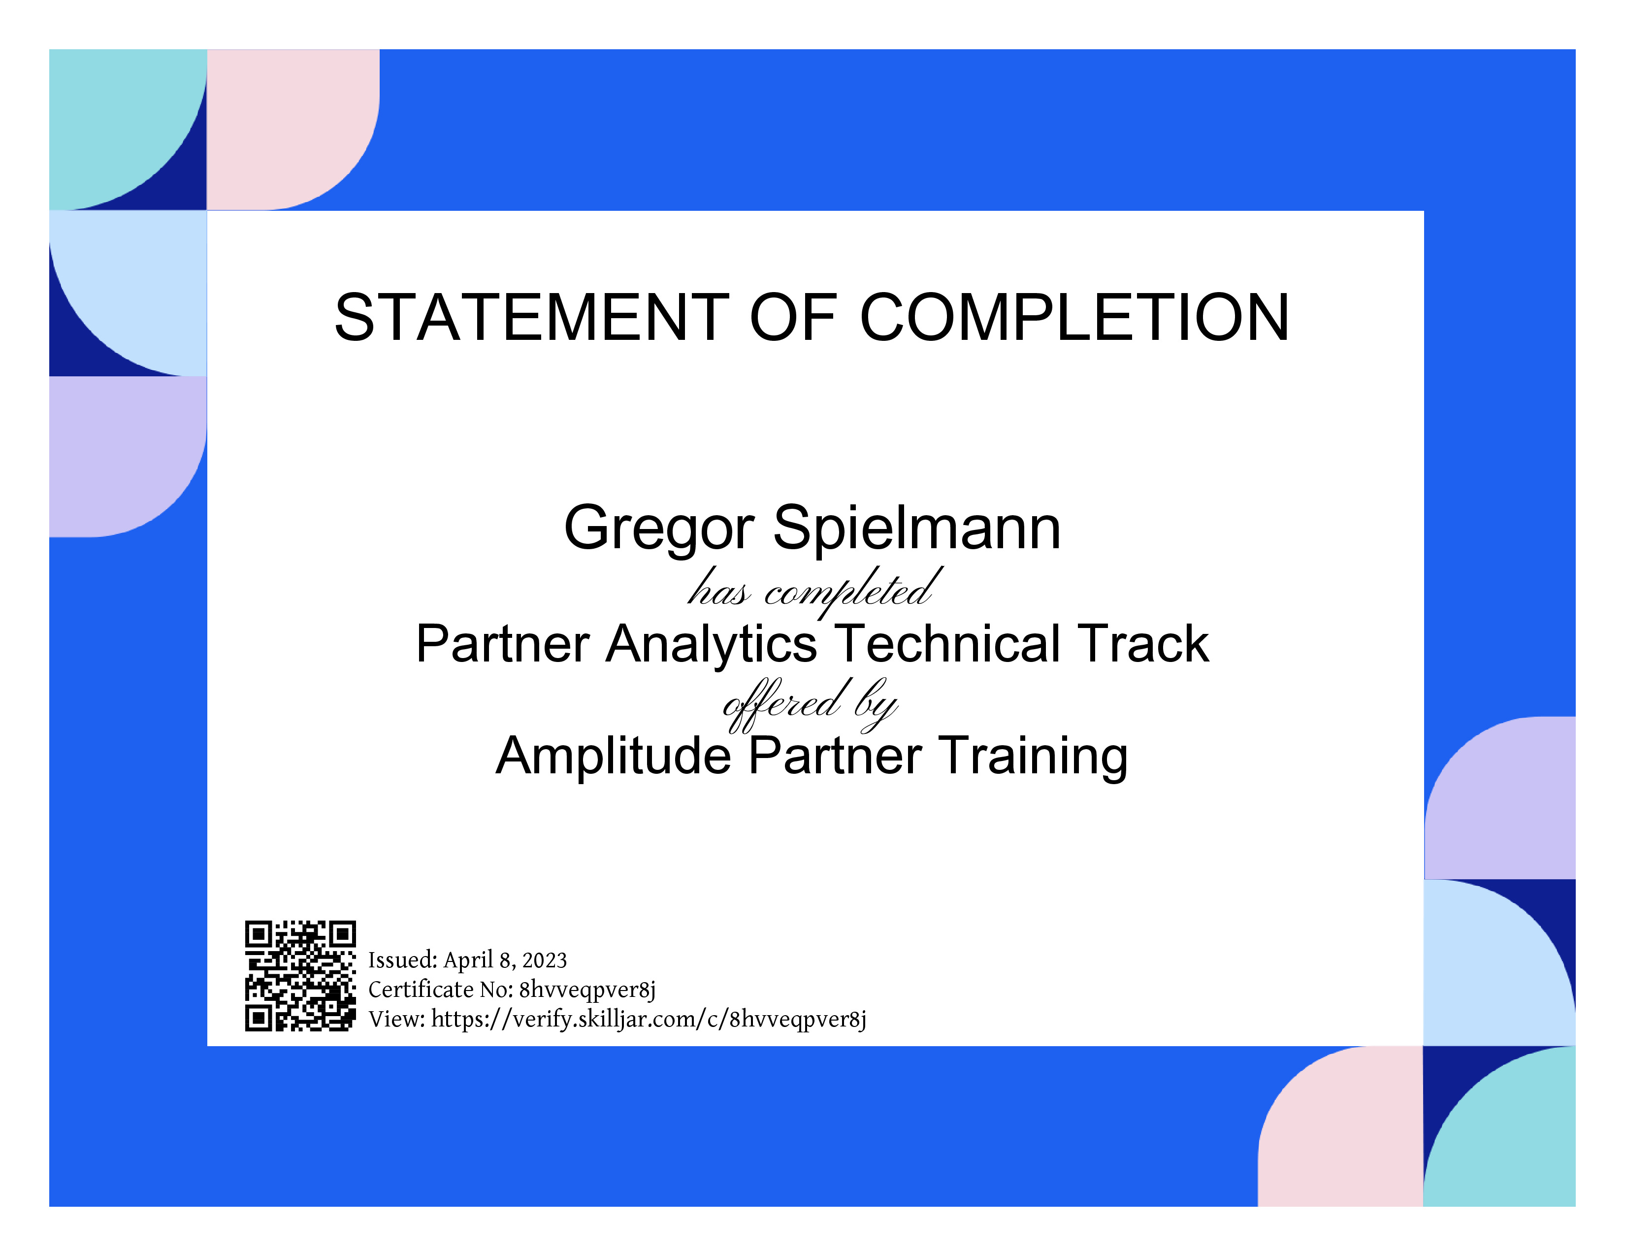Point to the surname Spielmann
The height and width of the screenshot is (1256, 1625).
pyautogui.click(x=917, y=529)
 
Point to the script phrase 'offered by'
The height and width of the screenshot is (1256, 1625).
pyautogui.click(x=811, y=703)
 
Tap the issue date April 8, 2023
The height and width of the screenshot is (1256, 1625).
pyautogui.click(x=505, y=960)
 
